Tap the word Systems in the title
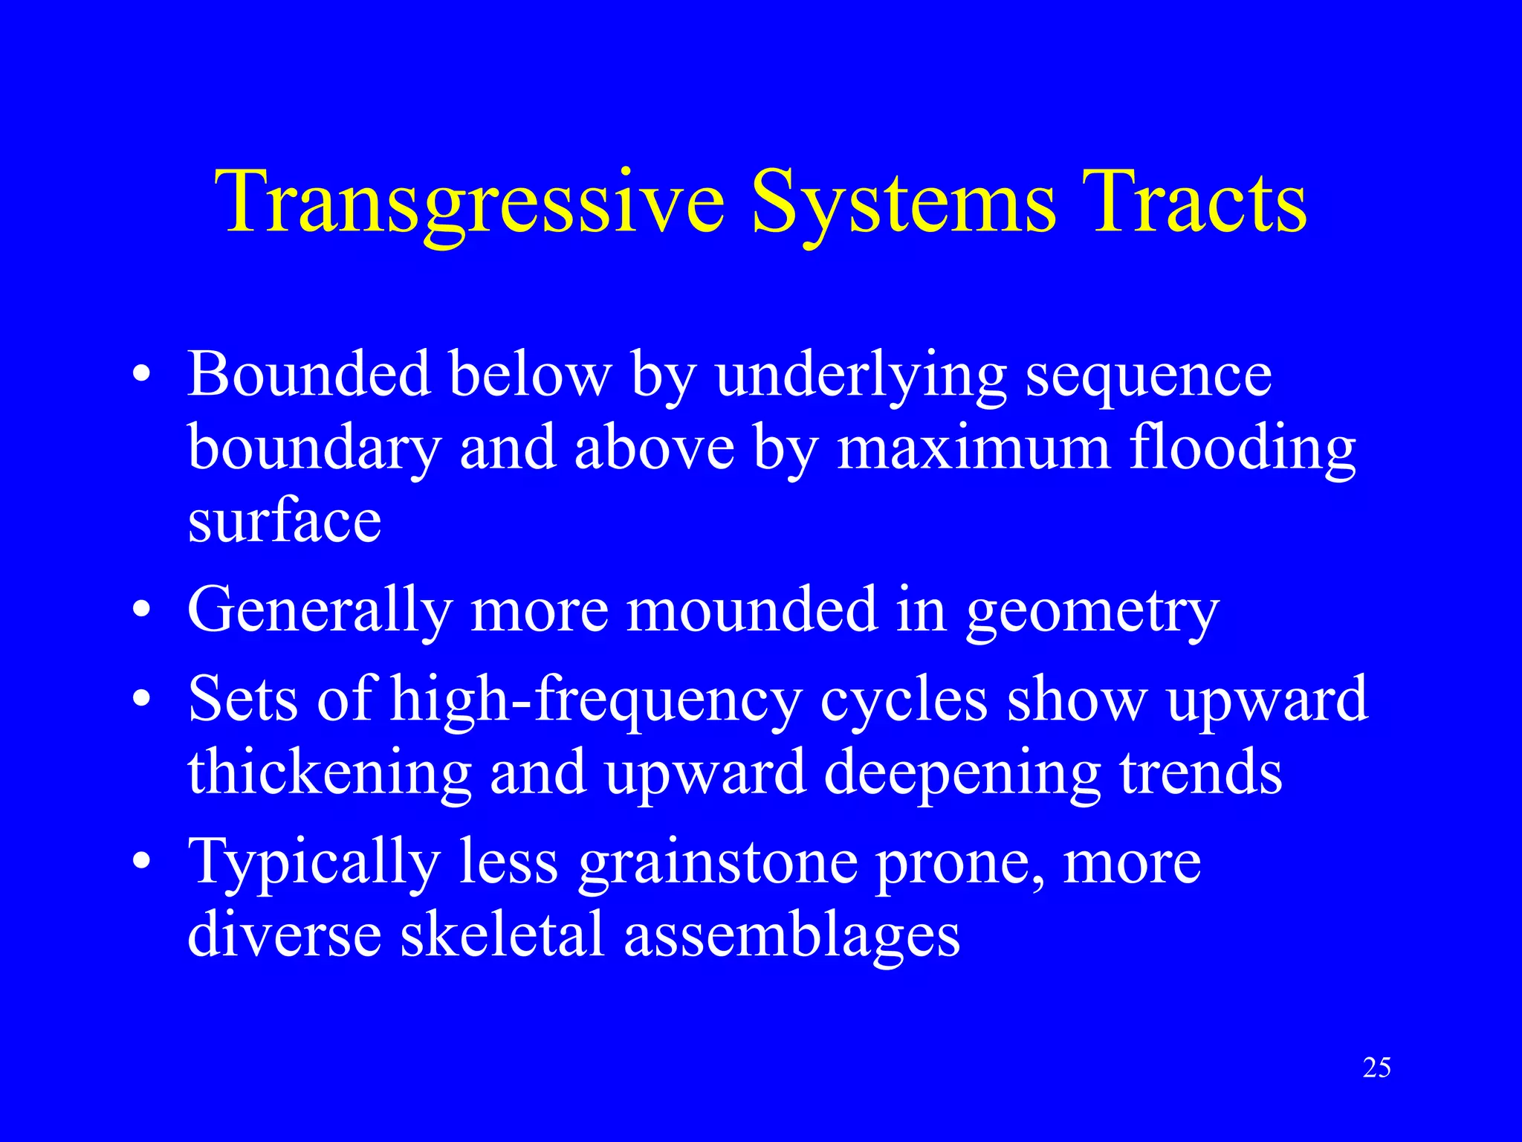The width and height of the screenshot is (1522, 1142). tap(902, 202)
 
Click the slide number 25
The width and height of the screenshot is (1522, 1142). tap(1376, 1068)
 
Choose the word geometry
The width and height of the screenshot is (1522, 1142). tap(1092, 612)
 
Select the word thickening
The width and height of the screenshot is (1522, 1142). tap(329, 773)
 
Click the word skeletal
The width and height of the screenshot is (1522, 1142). tap(502, 935)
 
